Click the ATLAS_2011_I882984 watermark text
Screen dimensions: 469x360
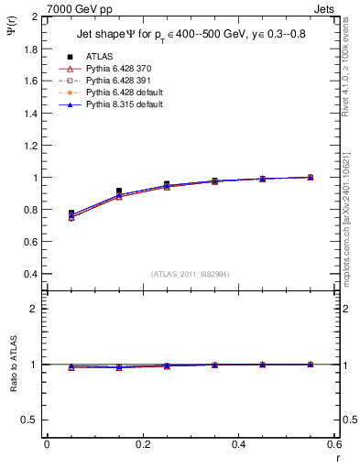(x=191, y=274)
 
